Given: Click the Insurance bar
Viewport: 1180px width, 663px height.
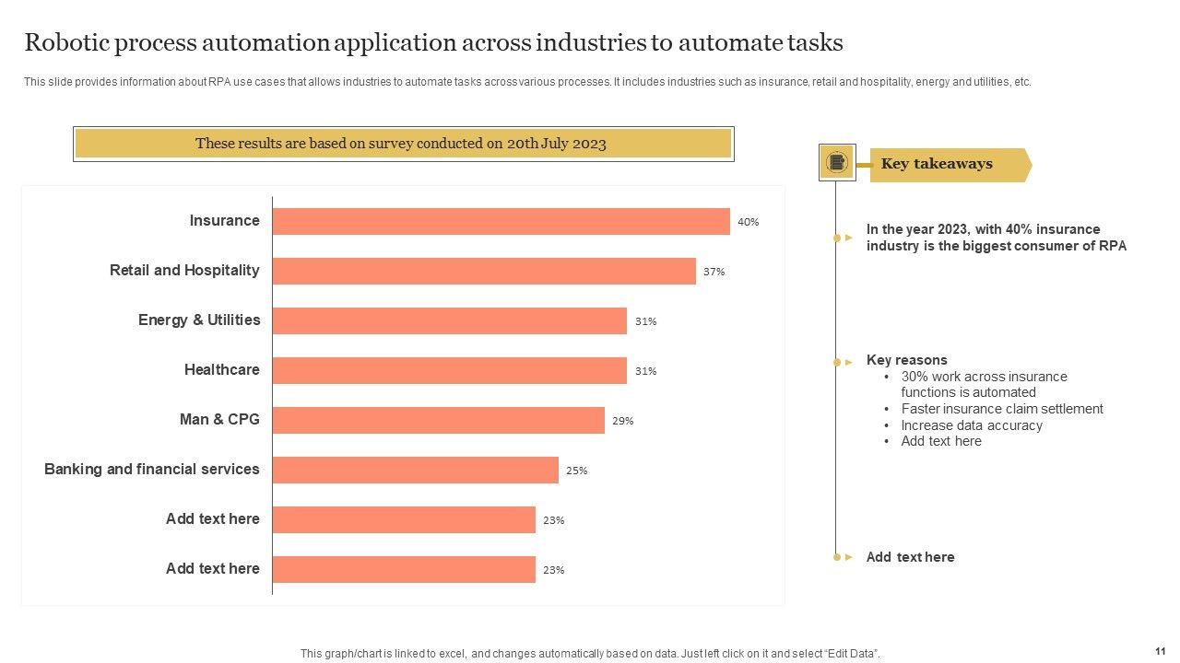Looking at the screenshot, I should tap(501, 221).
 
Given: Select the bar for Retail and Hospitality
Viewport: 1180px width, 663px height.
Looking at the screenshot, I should tap(484, 271).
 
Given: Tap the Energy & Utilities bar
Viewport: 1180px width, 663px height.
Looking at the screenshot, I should tap(449, 320).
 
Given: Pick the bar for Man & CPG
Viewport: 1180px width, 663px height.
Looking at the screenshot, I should tap(438, 420).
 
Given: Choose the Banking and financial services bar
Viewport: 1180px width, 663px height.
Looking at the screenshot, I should tap(415, 470).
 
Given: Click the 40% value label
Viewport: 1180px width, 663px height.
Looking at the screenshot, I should tap(748, 222).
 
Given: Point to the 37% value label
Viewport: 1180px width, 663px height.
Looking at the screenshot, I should tap(714, 272).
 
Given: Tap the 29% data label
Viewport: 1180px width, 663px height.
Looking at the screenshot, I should tap(622, 421).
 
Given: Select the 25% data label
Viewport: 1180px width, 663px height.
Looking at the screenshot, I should tap(576, 471).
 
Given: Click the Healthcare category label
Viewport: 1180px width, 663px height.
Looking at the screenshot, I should tap(221, 369).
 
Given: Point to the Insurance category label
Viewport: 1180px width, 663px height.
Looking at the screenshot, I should tap(224, 220).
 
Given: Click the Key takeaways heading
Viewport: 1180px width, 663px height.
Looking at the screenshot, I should tap(937, 164).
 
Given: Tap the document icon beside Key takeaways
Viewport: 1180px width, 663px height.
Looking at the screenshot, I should tap(837, 163).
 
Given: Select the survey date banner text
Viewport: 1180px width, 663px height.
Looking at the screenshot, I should tap(401, 144).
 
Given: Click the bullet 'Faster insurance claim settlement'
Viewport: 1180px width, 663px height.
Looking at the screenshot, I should tap(1002, 409).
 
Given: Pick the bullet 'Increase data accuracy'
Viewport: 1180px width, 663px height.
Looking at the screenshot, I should tap(972, 425).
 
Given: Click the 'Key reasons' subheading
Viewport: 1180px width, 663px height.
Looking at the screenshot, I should tap(906, 360).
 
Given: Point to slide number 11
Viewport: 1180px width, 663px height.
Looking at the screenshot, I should tap(1160, 650).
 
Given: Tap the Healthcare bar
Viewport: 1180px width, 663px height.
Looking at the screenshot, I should tap(449, 370).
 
